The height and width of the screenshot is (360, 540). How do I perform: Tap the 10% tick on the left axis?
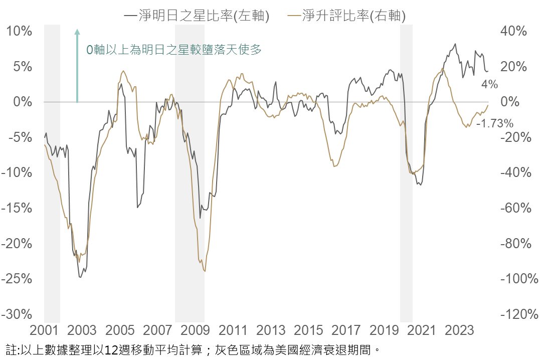[19, 31]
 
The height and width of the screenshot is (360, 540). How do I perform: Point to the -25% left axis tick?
[17, 279]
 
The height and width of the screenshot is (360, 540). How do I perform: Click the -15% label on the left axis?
[17, 208]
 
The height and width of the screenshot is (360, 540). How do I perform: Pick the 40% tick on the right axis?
[513, 31]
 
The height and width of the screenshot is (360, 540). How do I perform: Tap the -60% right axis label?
[513, 208]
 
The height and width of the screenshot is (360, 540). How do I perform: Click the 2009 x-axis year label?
[195, 331]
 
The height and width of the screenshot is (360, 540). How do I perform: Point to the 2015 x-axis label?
[309, 331]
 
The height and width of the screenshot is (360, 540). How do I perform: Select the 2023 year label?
[460, 331]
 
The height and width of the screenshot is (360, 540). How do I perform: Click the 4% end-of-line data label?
[489, 84]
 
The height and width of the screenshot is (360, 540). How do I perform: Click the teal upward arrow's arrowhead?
[77, 32]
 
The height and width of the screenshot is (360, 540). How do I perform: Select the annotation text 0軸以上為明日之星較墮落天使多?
[174, 50]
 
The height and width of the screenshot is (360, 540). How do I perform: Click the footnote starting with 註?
[191, 349]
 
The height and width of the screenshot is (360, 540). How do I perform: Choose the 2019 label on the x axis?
[384, 331]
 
